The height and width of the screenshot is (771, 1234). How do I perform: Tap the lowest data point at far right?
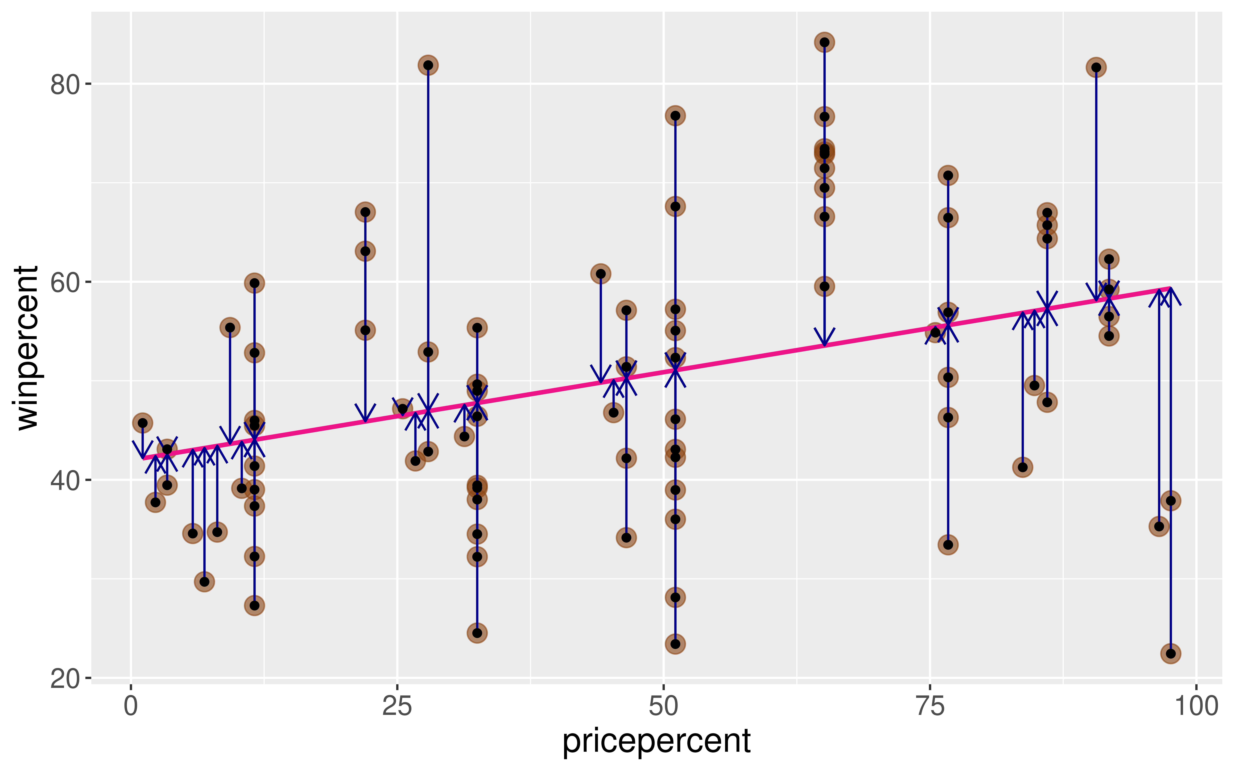(x=1171, y=653)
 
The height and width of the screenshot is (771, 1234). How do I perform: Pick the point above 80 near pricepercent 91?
(x=1096, y=67)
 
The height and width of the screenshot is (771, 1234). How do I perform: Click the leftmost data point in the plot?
(x=143, y=423)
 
